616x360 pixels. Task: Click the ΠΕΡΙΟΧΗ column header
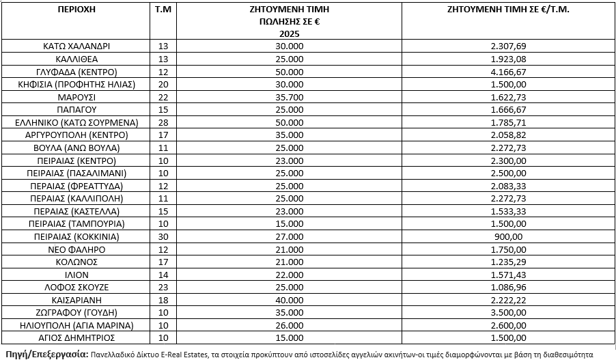pyautogui.click(x=76, y=11)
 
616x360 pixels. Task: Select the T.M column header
pyautogui.click(x=163, y=11)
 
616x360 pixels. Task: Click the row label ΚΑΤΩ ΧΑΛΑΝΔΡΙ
pyautogui.click(x=76, y=46)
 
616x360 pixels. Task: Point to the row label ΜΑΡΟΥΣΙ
pyautogui.click(x=76, y=97)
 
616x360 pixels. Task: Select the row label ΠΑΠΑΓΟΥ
pyautogui.click(x=76, y=109)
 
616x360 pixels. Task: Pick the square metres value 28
pyautogui.click(x=163, y=122)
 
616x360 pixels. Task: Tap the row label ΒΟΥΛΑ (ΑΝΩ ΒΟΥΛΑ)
pyautogui.click(x=76, y=148)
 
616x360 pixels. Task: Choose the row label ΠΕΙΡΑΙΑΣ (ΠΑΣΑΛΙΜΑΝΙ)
pyautogui.click(x=76, y=173)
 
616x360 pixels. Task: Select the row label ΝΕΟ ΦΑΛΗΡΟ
pyautogui.click(x=76, y=249)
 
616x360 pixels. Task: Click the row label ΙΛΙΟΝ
pyautogui.click(x=76, y=274)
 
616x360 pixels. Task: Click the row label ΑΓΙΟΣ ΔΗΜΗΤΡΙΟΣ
pyautogui.click(x=76, y=337)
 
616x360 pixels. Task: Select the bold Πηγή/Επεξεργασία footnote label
pyautogui.click(x=45, y=353)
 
